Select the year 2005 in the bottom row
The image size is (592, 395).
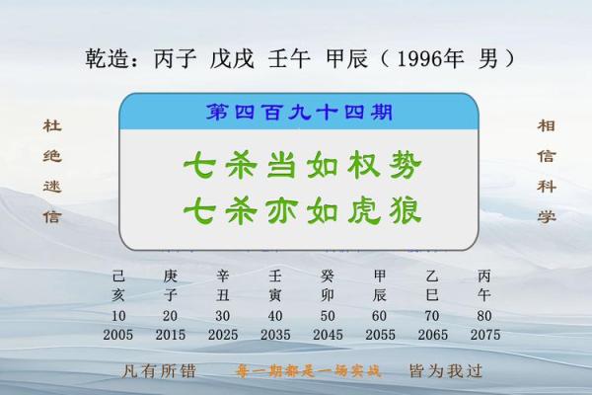118,335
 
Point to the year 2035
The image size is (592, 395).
275,335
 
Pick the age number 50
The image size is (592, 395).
328,316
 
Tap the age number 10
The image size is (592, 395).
118,316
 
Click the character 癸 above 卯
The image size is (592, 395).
328,276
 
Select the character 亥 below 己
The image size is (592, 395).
118,294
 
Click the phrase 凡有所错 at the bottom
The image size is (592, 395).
147,372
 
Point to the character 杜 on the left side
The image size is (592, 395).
51,127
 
